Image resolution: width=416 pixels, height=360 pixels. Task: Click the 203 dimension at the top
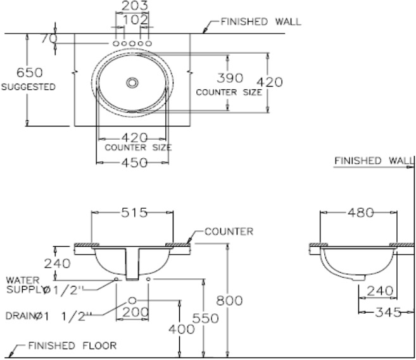pyautogui.click(x=134, y=6)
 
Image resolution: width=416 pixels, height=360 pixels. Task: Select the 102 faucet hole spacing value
pyautogui.click(x=136, y=20)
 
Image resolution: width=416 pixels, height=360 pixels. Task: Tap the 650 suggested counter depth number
pyautogui.click(x=30, y=72)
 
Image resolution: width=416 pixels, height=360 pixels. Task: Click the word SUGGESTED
pyautogui.click(x=28, y=87)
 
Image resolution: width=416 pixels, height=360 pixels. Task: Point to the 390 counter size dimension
pyautogui.click(x=230, y=78)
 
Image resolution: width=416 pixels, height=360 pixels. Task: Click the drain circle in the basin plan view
pyautogui.click(x=132, y=82)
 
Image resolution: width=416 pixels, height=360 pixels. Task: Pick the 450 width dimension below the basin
pyautogui.click(x=134, y=163)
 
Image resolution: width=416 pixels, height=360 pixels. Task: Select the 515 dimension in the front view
pyautogui.click(x=134, y=213)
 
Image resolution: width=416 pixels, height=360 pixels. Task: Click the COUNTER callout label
pyautogui.click(x=229, y=232)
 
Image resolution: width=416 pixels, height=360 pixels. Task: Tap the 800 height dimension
pyautogui.click(x=229, y=301)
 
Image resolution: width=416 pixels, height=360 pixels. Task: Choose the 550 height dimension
pyautogui.click(x=206, y=318)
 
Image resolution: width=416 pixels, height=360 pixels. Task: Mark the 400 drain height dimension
pyautogui.click(x=182, y=330)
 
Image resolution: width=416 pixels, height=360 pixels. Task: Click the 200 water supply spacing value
pyautogui.click(x=136, y=312)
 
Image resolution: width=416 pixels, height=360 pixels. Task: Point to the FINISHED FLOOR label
pyautogui.click(x=72, y=345)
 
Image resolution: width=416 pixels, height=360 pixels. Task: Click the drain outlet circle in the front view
pyautogui.click(x=132, y=301)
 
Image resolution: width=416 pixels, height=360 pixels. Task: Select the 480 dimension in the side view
pyautogui.click(x=361, y=213)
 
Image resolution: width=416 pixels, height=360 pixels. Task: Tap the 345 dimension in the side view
pyautogui.click(x=388, y=313)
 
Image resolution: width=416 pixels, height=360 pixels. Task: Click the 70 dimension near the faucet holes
pyautogui.click(x=49, y=39)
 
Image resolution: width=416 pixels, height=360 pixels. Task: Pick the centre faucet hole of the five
pyautogui.click(x=132, y=43)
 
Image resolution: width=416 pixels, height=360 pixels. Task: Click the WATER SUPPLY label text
pyautogui.click(x=23, y=285)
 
